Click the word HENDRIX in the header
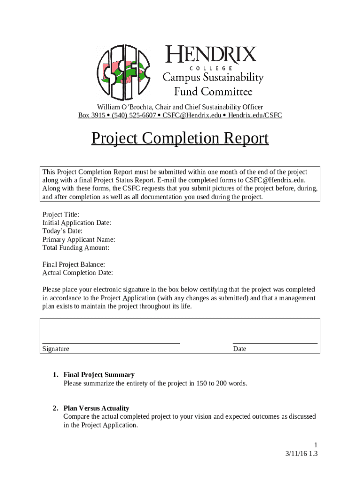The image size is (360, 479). click(x=211, y=55)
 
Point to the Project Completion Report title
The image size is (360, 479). click(x=180, y=138)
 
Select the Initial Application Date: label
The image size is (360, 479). click(x=77, y=223)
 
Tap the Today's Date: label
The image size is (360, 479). click(x=62, y=231)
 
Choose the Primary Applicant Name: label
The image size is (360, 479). click(x=79, y=239)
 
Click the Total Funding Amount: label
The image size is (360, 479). click(x=76, y=248)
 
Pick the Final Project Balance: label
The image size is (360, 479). click(x=73, y=265)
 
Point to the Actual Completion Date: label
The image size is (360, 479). click(x=78, y=273)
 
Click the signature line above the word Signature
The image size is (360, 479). click(x=111, y=343)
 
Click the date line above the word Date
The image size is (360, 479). click(x=275, y=343)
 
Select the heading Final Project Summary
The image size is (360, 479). click(x=99, y=375)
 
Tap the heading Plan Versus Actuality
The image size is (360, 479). click(x=96, y=408)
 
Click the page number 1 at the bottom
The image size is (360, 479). click(x=316, y=445)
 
